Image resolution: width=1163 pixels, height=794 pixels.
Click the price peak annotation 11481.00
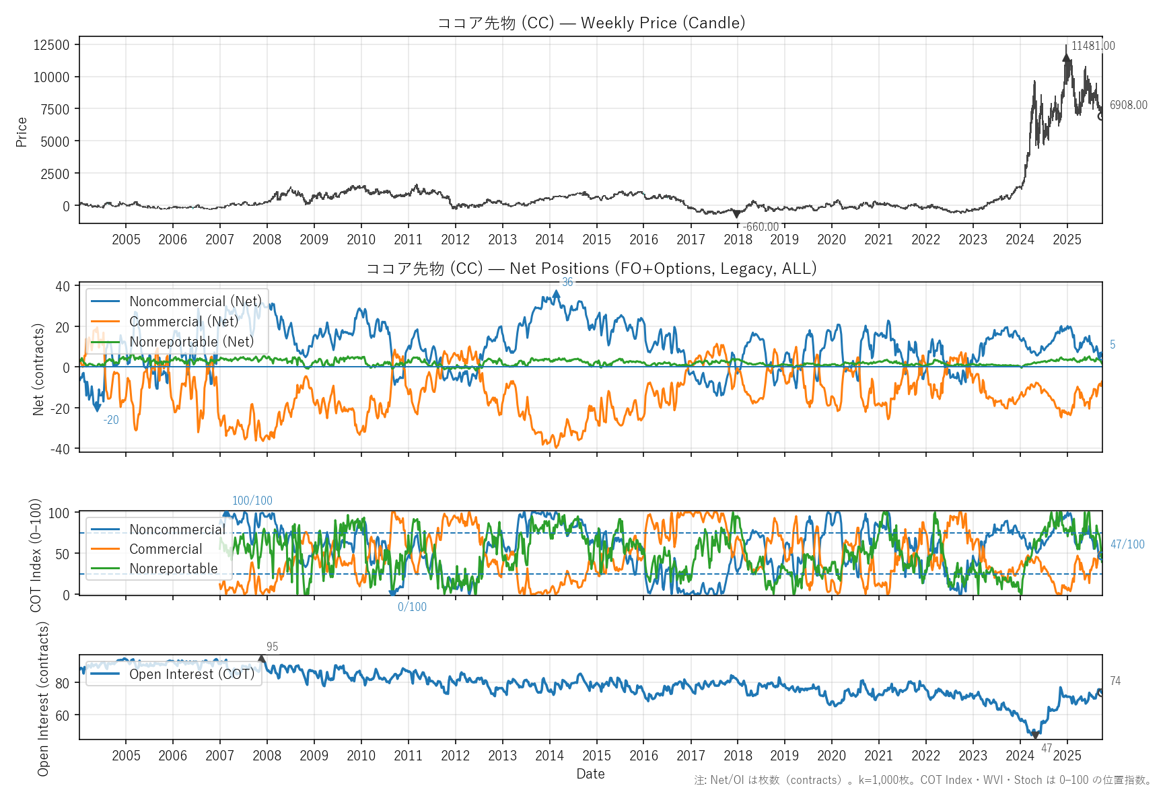(x=1092, y=46)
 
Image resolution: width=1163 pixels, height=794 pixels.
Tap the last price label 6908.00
(x=1128, y=105)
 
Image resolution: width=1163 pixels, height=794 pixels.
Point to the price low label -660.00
(x=761, y=227)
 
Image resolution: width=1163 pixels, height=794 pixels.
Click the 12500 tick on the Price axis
(x=52, y=45)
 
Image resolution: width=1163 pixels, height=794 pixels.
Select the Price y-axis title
(x=22, y=132)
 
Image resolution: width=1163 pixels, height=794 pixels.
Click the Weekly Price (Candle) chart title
(x=591, y=23)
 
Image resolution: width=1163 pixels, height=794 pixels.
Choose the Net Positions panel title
(x=591, y=268)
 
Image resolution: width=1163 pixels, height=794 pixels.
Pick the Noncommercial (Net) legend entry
(x=195, y=301)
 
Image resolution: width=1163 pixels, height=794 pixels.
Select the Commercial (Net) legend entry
(x=184, y=322)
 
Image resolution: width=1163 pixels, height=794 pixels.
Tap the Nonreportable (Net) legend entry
(x=192, y=342)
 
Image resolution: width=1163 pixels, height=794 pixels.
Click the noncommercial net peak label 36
(x=567, y=282)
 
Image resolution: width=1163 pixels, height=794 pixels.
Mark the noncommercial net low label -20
(x=111, y=420)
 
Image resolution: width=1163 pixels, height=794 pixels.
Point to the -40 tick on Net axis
(x=62, y=449)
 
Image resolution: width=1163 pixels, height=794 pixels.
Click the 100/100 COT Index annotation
(x=252, y=501)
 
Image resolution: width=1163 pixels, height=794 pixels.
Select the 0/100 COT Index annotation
(x=412, y=607)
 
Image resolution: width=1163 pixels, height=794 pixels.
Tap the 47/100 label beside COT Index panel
(x=1127, y=544)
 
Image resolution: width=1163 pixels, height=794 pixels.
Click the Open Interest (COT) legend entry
(x=192, y=674)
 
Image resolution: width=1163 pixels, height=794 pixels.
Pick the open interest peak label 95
(x=272, y=647)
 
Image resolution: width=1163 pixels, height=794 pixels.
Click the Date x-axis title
(x=590, y=774)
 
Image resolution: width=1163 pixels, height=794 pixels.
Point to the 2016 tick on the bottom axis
(x=643, y=756)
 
